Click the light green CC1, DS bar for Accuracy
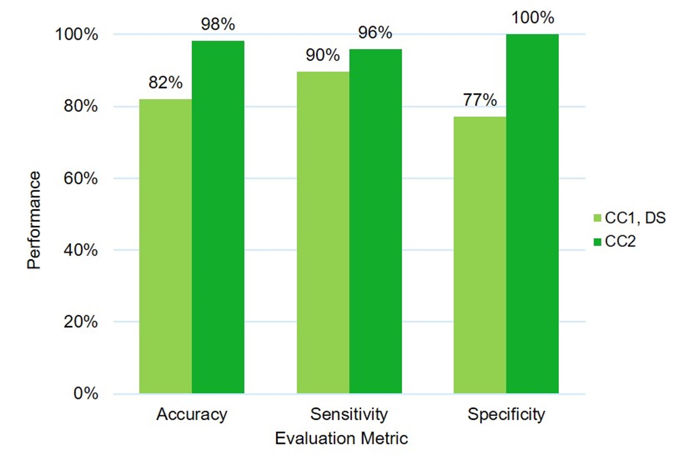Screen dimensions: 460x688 point(165,246)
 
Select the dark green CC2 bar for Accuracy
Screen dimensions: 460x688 point(218,217)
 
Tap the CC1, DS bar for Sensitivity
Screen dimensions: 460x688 point(323,232)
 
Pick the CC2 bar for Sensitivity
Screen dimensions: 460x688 point(375,221)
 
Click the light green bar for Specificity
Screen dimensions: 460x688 point(480,255)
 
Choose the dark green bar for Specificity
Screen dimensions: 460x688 point(532,214)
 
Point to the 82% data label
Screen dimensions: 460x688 point(165,82)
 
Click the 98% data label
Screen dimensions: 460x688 point(218,24)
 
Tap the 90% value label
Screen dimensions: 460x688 point(323,55)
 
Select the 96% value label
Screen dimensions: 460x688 point(375,33)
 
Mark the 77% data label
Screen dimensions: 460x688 point(480,100)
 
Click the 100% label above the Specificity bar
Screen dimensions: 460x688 point(533,17)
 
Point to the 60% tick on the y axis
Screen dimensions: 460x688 point(81,178)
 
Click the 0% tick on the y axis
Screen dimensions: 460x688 point(85,393)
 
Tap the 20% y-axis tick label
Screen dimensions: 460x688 point(81,322)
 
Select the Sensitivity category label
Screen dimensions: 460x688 point(349,414)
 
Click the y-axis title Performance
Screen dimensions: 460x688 point(34,220)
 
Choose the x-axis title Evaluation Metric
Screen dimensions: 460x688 point(341,439)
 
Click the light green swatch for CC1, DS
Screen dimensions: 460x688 point(597,218)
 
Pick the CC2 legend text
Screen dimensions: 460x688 point(620,242)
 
